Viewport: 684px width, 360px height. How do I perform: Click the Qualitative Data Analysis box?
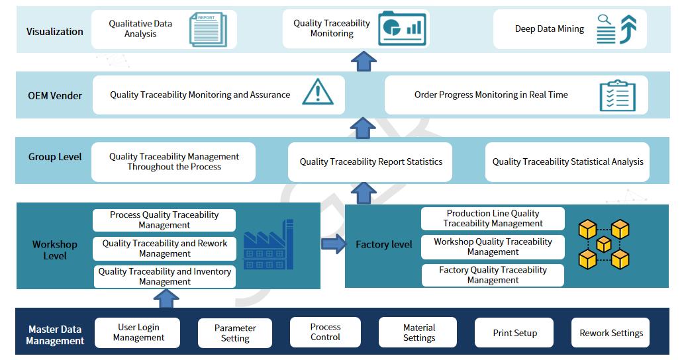(140, 29)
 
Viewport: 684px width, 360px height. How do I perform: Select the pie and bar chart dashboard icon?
(403, 29)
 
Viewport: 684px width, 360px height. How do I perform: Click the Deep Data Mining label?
(550, 29)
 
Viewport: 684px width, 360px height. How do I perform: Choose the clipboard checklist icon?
(617, 96)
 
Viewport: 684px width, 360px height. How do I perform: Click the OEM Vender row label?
(55, 95)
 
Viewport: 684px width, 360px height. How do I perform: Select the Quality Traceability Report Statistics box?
(371, 161)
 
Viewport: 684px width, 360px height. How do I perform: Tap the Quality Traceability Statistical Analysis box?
(567, 161)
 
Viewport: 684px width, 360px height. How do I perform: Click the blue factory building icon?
(268, 244)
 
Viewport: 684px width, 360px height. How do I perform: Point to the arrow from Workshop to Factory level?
(333, 244)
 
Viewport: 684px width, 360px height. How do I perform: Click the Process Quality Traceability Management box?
(164, 220)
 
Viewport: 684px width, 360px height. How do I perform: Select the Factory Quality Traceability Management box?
(493, 275)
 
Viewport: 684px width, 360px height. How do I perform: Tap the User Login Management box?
(138, 332)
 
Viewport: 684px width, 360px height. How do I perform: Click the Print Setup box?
(514, 333)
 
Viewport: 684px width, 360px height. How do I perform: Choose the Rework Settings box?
(611, 333)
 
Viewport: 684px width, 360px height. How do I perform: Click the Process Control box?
(325, 332)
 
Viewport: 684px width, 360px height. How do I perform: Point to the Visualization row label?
(55, 31)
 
